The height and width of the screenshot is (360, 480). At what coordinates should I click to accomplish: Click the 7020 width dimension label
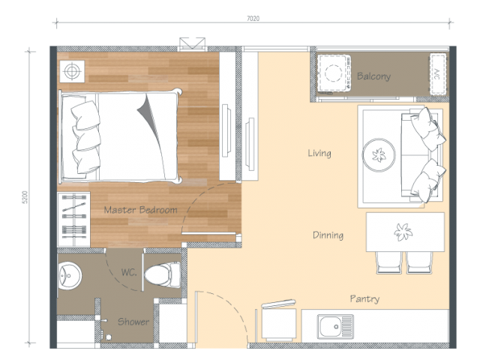253,19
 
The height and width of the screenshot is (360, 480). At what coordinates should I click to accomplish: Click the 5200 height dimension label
25,197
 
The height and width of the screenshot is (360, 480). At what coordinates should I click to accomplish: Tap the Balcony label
373,76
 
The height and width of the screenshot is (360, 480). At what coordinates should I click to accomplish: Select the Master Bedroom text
140,210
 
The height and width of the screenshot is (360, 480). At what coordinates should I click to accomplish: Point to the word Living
319,153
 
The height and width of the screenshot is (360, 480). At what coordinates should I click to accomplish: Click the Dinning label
328,235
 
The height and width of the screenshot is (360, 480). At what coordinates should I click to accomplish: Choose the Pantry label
364,298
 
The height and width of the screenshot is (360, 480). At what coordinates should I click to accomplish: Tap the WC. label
128,272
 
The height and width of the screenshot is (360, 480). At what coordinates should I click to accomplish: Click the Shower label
133,322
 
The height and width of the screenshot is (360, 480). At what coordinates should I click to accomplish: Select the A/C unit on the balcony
438,74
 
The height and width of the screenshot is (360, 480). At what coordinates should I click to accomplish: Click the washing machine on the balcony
333,73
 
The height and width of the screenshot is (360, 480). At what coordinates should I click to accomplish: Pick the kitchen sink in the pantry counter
335,327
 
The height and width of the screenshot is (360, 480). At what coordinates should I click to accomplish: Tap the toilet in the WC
162,274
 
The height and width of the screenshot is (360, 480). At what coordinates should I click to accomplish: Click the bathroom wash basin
70,276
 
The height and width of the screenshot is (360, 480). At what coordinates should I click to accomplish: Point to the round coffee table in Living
379,155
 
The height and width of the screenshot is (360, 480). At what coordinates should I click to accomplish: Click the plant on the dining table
403,232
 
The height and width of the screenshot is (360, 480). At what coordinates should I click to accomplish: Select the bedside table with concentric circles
72,71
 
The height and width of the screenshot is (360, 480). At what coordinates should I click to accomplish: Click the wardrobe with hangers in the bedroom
73,220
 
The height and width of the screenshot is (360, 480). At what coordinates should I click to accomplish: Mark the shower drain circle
108,337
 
